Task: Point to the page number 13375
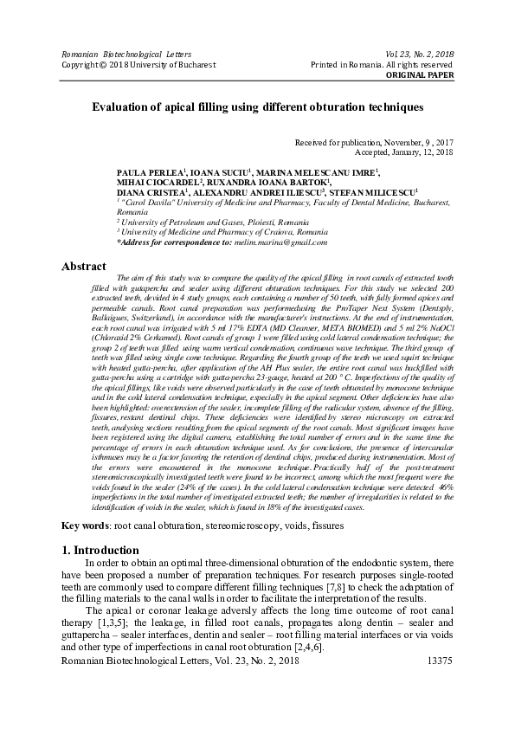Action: pos(435,708)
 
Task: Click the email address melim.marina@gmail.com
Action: pos(286,242)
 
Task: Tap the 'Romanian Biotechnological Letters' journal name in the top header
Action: pos(114,55)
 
